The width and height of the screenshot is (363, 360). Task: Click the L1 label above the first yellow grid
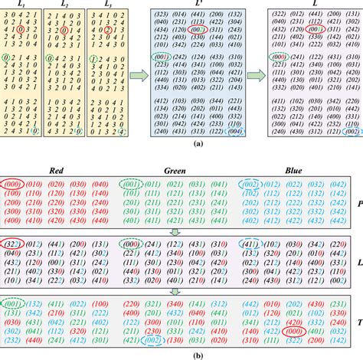tap(21, 5)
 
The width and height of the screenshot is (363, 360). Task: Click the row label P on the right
tap(358, 205)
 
